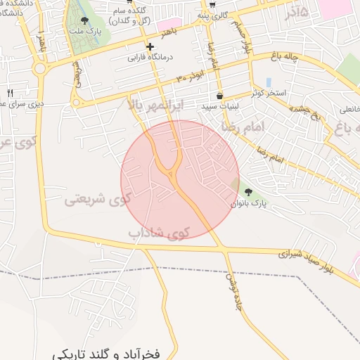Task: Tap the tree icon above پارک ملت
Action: [85, 20]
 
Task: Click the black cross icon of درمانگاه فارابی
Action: [150, 46]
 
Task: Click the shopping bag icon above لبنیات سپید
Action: [220, 96]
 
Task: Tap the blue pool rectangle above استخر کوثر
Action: [268, 82]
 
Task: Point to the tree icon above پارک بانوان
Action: [247, 191]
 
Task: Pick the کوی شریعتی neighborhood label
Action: [98, 199]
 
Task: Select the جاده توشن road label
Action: [232, 286]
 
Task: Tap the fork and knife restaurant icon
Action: [10, 92]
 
